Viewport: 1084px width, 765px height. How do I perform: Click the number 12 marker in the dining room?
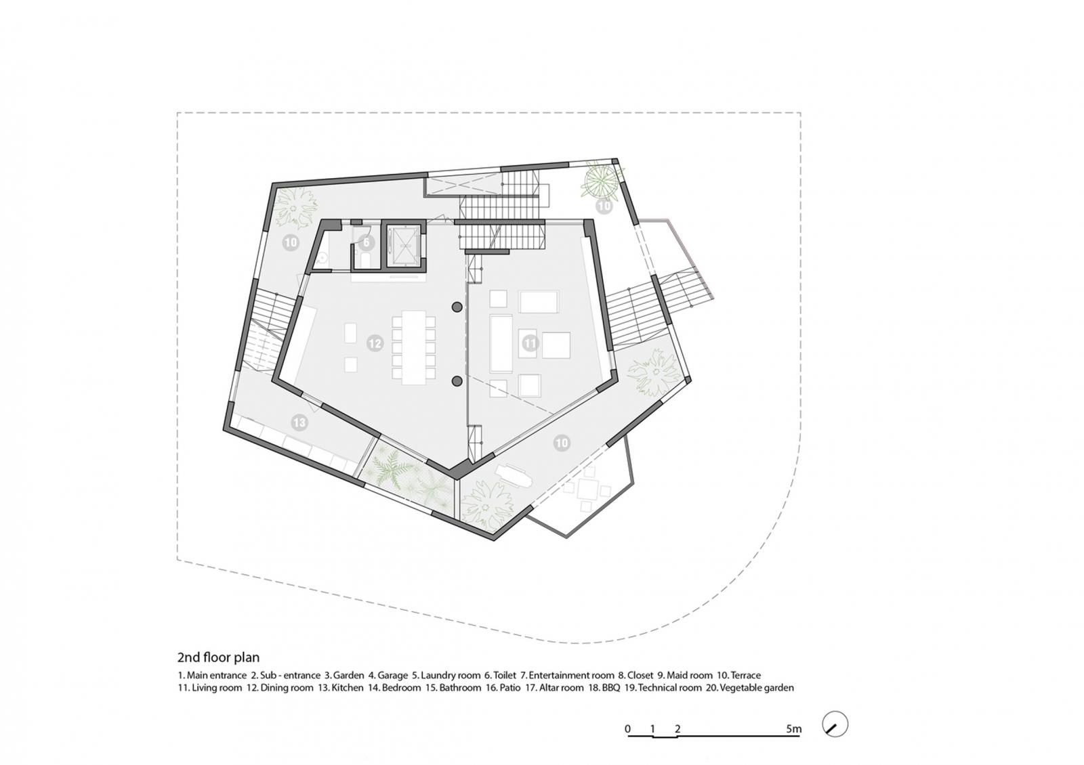pos(375,343)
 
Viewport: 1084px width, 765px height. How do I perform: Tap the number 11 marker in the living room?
pos(530,343)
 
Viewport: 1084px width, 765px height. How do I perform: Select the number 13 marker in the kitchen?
pos(299,423)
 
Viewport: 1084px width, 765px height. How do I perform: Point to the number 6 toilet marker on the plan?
pos(367,242)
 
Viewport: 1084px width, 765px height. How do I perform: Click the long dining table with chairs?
pos(413,347)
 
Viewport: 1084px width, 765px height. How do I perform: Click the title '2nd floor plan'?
pos(219,657)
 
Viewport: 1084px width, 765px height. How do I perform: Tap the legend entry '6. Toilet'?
pos(501,675)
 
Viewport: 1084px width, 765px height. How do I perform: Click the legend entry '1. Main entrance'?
pos(213,675)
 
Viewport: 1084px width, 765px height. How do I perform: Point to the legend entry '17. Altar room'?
pos(555,688)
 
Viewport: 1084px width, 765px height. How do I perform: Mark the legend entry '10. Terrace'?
pos(739,675)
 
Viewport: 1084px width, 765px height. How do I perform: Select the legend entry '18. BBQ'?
pos(604,688)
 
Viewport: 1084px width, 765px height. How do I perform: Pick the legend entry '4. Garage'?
pos(388,675)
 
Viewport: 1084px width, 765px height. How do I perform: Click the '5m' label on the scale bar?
pos(793,728)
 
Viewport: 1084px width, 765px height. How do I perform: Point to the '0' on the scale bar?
pos(627,728)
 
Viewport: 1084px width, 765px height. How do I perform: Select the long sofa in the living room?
pos(501,343)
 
